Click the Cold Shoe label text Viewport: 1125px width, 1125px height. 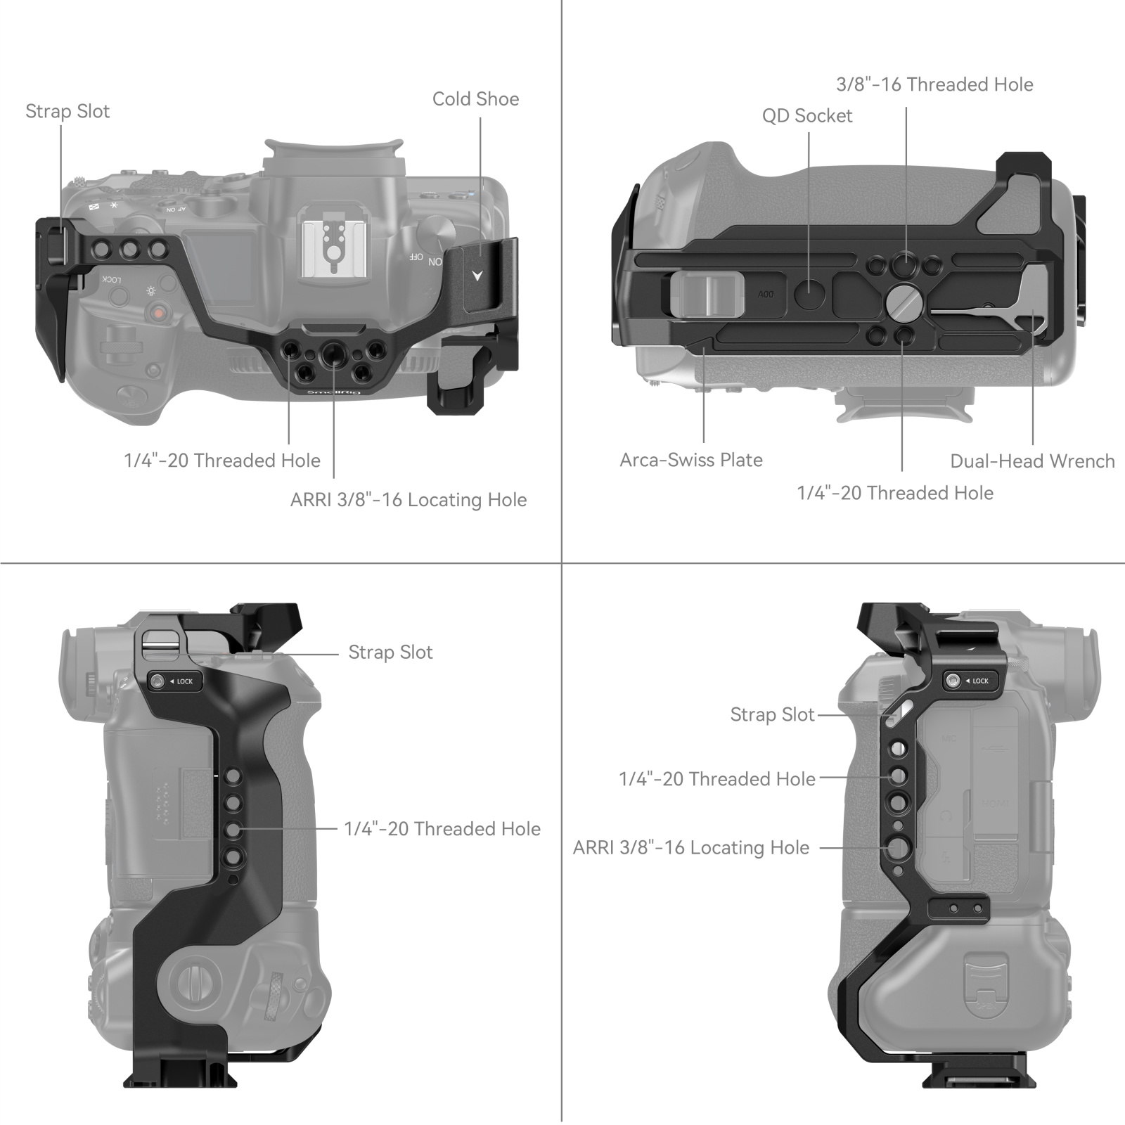(x=475, y=99)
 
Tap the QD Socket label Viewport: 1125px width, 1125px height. (x=806, y=116)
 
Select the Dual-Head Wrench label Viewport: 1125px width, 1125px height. (x=1031, y=461)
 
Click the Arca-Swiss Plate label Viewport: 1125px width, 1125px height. (x=690, y=460)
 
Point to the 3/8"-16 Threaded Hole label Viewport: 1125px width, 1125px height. (x=934, y=84)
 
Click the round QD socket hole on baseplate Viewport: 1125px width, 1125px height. (x=810, y=294)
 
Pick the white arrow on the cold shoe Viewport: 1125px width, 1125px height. (x=477, y=276)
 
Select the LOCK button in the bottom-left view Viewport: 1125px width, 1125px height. (x=174, y=681)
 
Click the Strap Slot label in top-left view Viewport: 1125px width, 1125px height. (x=67, y=111)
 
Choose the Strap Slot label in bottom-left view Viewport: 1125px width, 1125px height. (x=390, y=652)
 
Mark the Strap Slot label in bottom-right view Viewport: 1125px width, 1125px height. (x=771, y=714)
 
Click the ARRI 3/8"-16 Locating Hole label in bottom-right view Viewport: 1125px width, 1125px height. (x=690, y=847)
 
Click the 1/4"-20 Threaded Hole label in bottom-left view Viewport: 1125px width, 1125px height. (x=442, y=829)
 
